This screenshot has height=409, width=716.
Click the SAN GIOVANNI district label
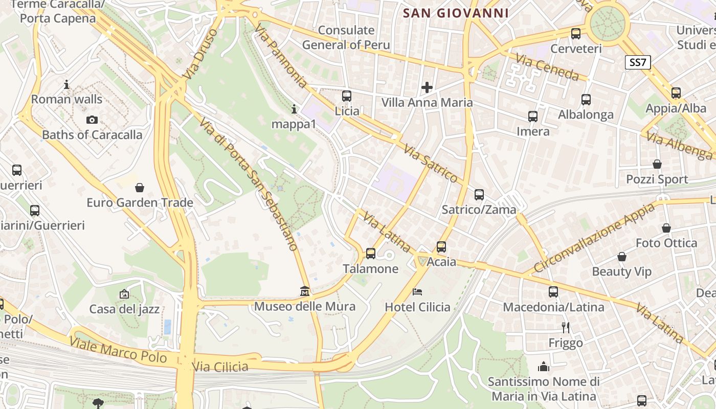pyautogui.click(x=456, y=13)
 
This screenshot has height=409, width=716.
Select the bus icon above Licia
pyautogui.click(x=347, y=96)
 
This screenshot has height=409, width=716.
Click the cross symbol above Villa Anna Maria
pyautogui.click(x=427, y=87)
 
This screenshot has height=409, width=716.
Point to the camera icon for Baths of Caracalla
pyautogui.click(x=92, y=120)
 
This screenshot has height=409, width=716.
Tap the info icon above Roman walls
pyautogui.click(x=66, y=84)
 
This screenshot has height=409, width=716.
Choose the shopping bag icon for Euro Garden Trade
pyautogui.click(x=140, y=188)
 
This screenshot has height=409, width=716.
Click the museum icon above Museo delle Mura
pyautogui.click(x=305, y=291)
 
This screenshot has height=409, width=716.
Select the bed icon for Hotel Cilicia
pyautogui.click(x=417, y=292)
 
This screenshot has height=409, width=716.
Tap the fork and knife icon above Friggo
pyautogui.click(x=565, y=327)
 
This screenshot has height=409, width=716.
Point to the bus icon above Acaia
pyautogui.click(x=441, y=247)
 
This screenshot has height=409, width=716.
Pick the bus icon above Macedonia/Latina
pyautogui.click(x=553, y=292)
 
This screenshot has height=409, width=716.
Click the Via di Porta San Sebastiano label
pyautogui.click(x=249, y=185)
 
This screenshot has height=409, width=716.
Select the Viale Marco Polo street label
pyautogui.click(x=118, y=350)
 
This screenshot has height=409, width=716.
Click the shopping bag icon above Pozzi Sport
pyautogui.click(x=657, y=164)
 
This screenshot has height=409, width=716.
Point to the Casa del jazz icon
pyautogui.click(x=124, y=294)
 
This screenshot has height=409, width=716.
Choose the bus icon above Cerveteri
pyautogui.click(x=576, y=34)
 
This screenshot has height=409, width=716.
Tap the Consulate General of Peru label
pyautogui.click(x=346, y=37)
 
